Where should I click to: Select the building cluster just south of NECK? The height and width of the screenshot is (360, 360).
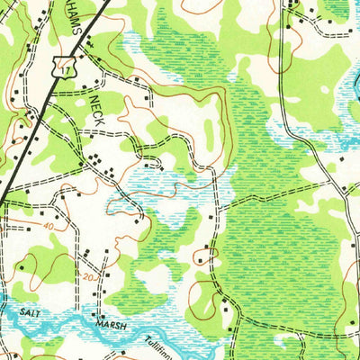[x=96, y=161]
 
